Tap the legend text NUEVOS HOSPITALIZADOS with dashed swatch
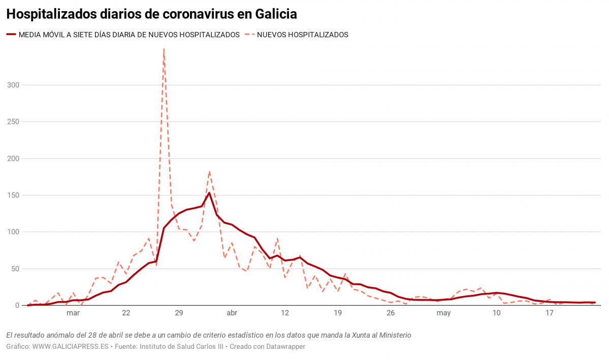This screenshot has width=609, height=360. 303,35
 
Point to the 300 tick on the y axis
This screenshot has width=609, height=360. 13,85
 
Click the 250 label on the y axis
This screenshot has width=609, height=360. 13,122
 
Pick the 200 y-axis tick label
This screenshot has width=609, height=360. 13,158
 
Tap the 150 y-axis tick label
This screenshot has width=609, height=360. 13,195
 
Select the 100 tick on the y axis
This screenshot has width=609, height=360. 13,232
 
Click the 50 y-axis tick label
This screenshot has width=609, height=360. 15,269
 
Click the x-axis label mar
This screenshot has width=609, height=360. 73,313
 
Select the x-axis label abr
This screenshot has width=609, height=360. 232,313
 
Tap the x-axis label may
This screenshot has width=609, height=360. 443,313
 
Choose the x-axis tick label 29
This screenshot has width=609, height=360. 179,313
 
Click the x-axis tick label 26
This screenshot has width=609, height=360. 391,313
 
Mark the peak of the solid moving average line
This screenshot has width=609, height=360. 209,193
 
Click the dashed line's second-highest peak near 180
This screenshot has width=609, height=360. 209,172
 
